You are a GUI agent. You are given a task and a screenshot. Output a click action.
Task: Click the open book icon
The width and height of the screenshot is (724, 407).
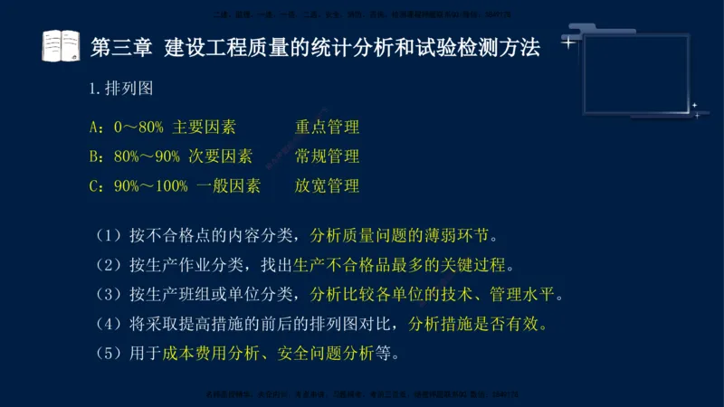pos(61,45)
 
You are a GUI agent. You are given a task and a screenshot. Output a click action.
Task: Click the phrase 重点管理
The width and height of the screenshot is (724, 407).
pos(327,128)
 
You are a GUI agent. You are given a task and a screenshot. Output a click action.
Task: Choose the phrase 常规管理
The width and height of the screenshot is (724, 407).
pos(327,156)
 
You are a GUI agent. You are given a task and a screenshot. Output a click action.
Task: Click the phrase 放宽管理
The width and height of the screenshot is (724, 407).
pos(327,186)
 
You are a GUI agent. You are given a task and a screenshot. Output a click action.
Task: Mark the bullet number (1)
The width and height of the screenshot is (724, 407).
pos(109,236)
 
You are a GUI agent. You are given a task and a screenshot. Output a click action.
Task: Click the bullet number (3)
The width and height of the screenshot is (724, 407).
pos(109,294)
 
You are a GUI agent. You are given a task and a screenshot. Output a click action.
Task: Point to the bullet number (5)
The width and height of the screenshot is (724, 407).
pos(109,352)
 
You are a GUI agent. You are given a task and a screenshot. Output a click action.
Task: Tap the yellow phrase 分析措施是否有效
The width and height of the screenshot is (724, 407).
pos(478,323)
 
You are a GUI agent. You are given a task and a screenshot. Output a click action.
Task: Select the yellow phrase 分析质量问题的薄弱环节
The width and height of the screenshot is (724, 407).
pos(403,236)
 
